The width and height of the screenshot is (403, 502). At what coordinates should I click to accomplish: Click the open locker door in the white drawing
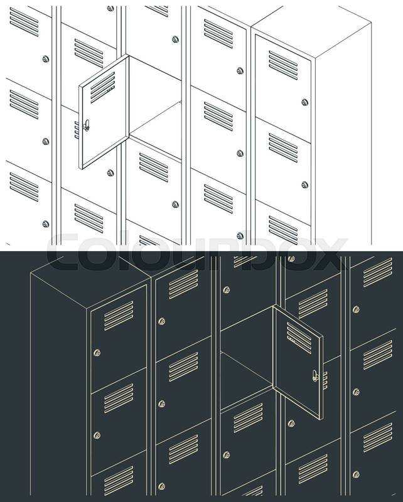pos(104,112)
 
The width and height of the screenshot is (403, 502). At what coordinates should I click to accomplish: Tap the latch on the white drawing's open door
pos(86,125)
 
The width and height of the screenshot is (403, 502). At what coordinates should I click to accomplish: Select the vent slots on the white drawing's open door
pos(102,87)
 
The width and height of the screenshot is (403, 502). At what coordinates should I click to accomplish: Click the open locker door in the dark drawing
pos(298,362)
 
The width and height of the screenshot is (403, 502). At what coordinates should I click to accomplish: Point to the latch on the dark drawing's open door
pos(316,375)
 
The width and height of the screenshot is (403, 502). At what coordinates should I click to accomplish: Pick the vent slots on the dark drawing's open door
pos(299,338)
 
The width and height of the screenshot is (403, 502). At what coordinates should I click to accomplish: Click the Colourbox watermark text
pos(197,252)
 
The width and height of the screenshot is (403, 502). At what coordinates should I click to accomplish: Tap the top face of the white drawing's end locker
pos(311,32)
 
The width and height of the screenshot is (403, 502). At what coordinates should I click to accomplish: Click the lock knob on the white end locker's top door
pos(304,102)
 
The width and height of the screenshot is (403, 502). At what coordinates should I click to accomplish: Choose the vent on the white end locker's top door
pos(283,65)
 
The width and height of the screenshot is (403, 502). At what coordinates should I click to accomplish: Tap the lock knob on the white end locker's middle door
pos(304,184)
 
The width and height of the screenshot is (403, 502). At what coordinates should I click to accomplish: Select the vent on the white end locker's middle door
pos(283,148)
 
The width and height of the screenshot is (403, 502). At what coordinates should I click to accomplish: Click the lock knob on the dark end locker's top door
pos(97,353)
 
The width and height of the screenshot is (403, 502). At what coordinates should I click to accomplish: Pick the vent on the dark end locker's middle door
pos(119,398)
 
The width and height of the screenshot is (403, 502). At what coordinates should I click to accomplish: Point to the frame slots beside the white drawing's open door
pos(77,130)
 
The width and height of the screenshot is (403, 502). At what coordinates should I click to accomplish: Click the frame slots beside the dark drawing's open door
pos(325,380)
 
